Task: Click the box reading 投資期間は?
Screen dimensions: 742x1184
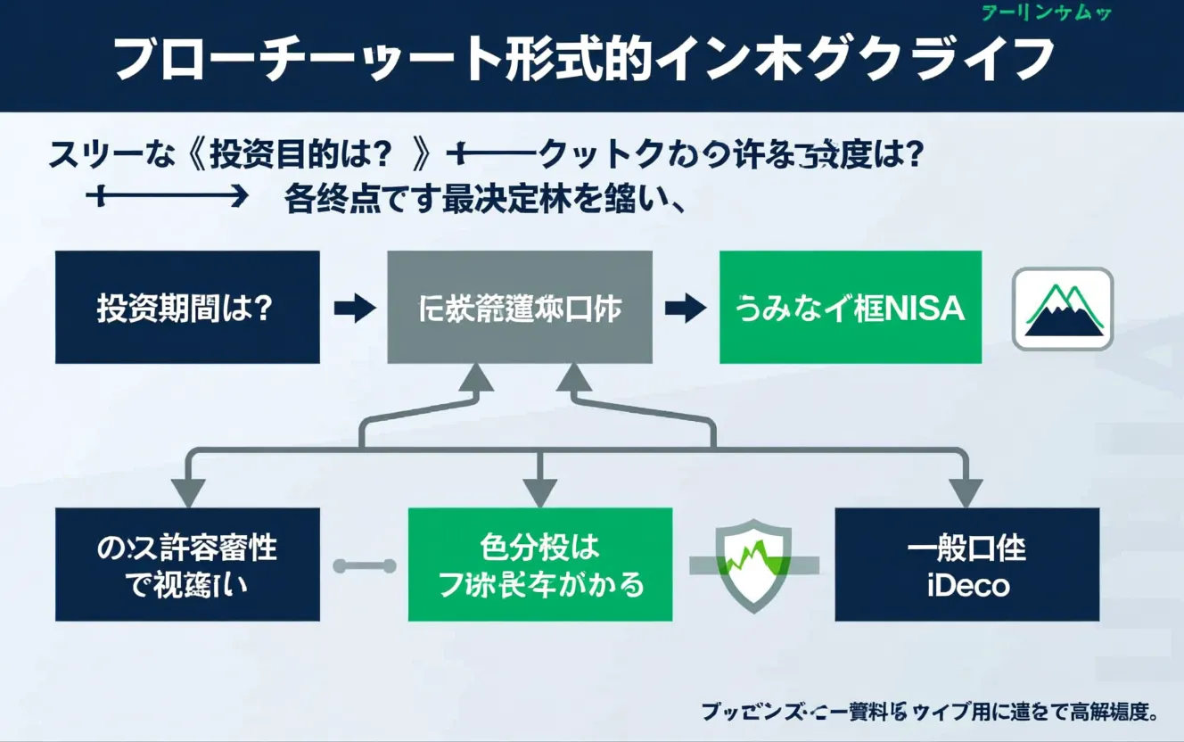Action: [x=187, y=308]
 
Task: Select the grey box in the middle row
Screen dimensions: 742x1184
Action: [x=520, y=308]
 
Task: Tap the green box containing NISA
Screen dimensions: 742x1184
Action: [x=850, y=308]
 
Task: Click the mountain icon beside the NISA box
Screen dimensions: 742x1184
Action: [x=1063, y=309]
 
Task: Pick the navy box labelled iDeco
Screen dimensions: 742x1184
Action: [x=966, y=565]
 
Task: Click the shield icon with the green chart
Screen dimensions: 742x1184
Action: [x=753, y=565]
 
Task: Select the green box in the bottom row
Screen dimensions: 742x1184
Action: [x=540, y=565]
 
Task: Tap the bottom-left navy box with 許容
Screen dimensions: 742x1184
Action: [x=187, y=565]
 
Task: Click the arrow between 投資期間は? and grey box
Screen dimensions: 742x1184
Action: [x=355, y=309]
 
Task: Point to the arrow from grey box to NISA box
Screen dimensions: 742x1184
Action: [x=685, y=309]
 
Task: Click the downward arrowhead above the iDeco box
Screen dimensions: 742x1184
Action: [x=965, y=491]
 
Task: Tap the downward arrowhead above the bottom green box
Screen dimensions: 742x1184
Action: [x=539, y=491]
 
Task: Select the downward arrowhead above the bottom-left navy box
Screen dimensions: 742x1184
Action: [x=188, y=491]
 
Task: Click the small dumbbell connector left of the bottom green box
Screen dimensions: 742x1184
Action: [x=364, y=565]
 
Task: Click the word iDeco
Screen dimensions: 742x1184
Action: [x=967, y=586]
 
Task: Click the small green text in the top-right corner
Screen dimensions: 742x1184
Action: [x=1045, y=12]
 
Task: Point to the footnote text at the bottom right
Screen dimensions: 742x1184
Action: [x=928, y=712]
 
